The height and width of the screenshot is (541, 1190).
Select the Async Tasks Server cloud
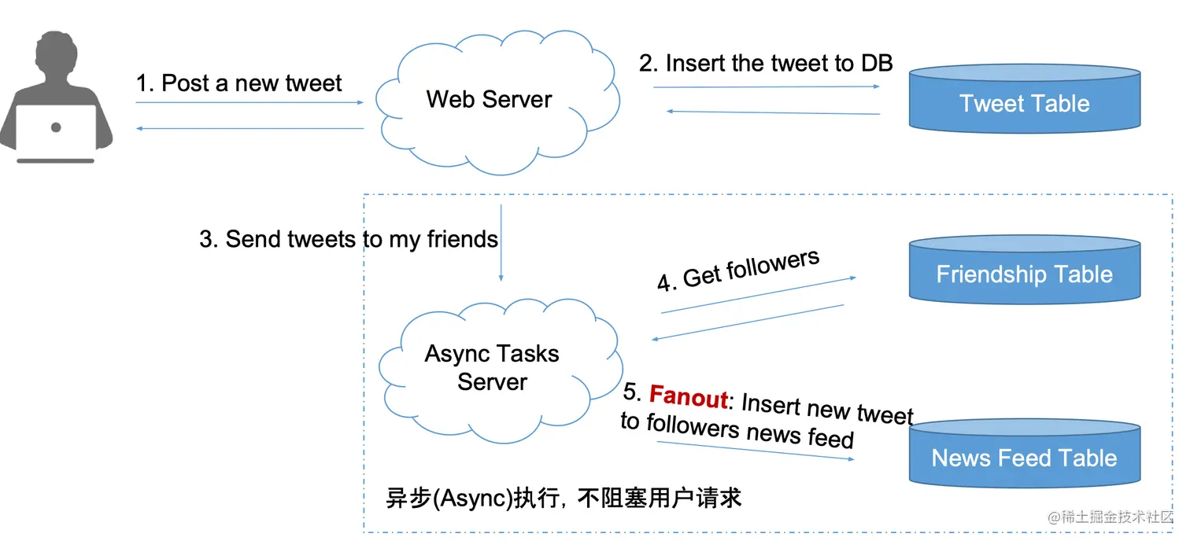(492, 368)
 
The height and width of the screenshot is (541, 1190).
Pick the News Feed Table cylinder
(1024, 457)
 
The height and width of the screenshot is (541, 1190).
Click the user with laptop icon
(56, 98)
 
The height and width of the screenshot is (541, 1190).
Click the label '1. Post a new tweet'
(239, 83)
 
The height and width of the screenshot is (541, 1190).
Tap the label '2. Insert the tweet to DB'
(765, 63)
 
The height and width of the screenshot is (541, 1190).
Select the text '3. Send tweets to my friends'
(349, 239)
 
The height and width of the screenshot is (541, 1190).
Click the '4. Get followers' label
(738, 270)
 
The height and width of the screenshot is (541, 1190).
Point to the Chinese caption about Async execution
(564, 498)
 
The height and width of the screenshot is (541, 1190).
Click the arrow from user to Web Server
(249, 102)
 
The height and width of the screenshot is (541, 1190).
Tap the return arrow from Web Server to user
(249, 128)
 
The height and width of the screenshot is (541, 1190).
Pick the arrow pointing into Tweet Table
(766, 86)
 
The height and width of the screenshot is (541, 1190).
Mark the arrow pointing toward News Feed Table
(756, 451)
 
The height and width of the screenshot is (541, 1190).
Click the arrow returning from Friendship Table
(748, 322)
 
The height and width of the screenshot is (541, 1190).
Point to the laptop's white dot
(56, 127)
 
